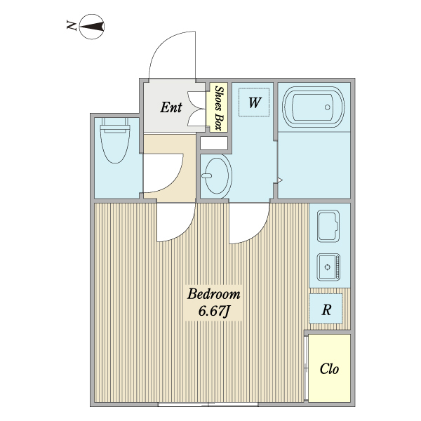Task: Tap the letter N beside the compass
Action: (x=71, y=27)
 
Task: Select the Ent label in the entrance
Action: (x=171, y=107)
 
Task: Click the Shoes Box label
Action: (x=219, y=108)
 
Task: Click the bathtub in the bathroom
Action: (x=312, y=107)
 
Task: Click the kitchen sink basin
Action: (x=329, y=227)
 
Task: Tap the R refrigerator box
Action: (x=326, y=309)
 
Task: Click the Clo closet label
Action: (x=329, y=368)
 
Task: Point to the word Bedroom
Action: (x=213, y=294)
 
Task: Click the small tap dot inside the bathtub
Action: (x=327, y=107)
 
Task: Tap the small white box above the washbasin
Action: (x=214, y=143)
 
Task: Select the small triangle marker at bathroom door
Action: (x=279, y=180)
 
